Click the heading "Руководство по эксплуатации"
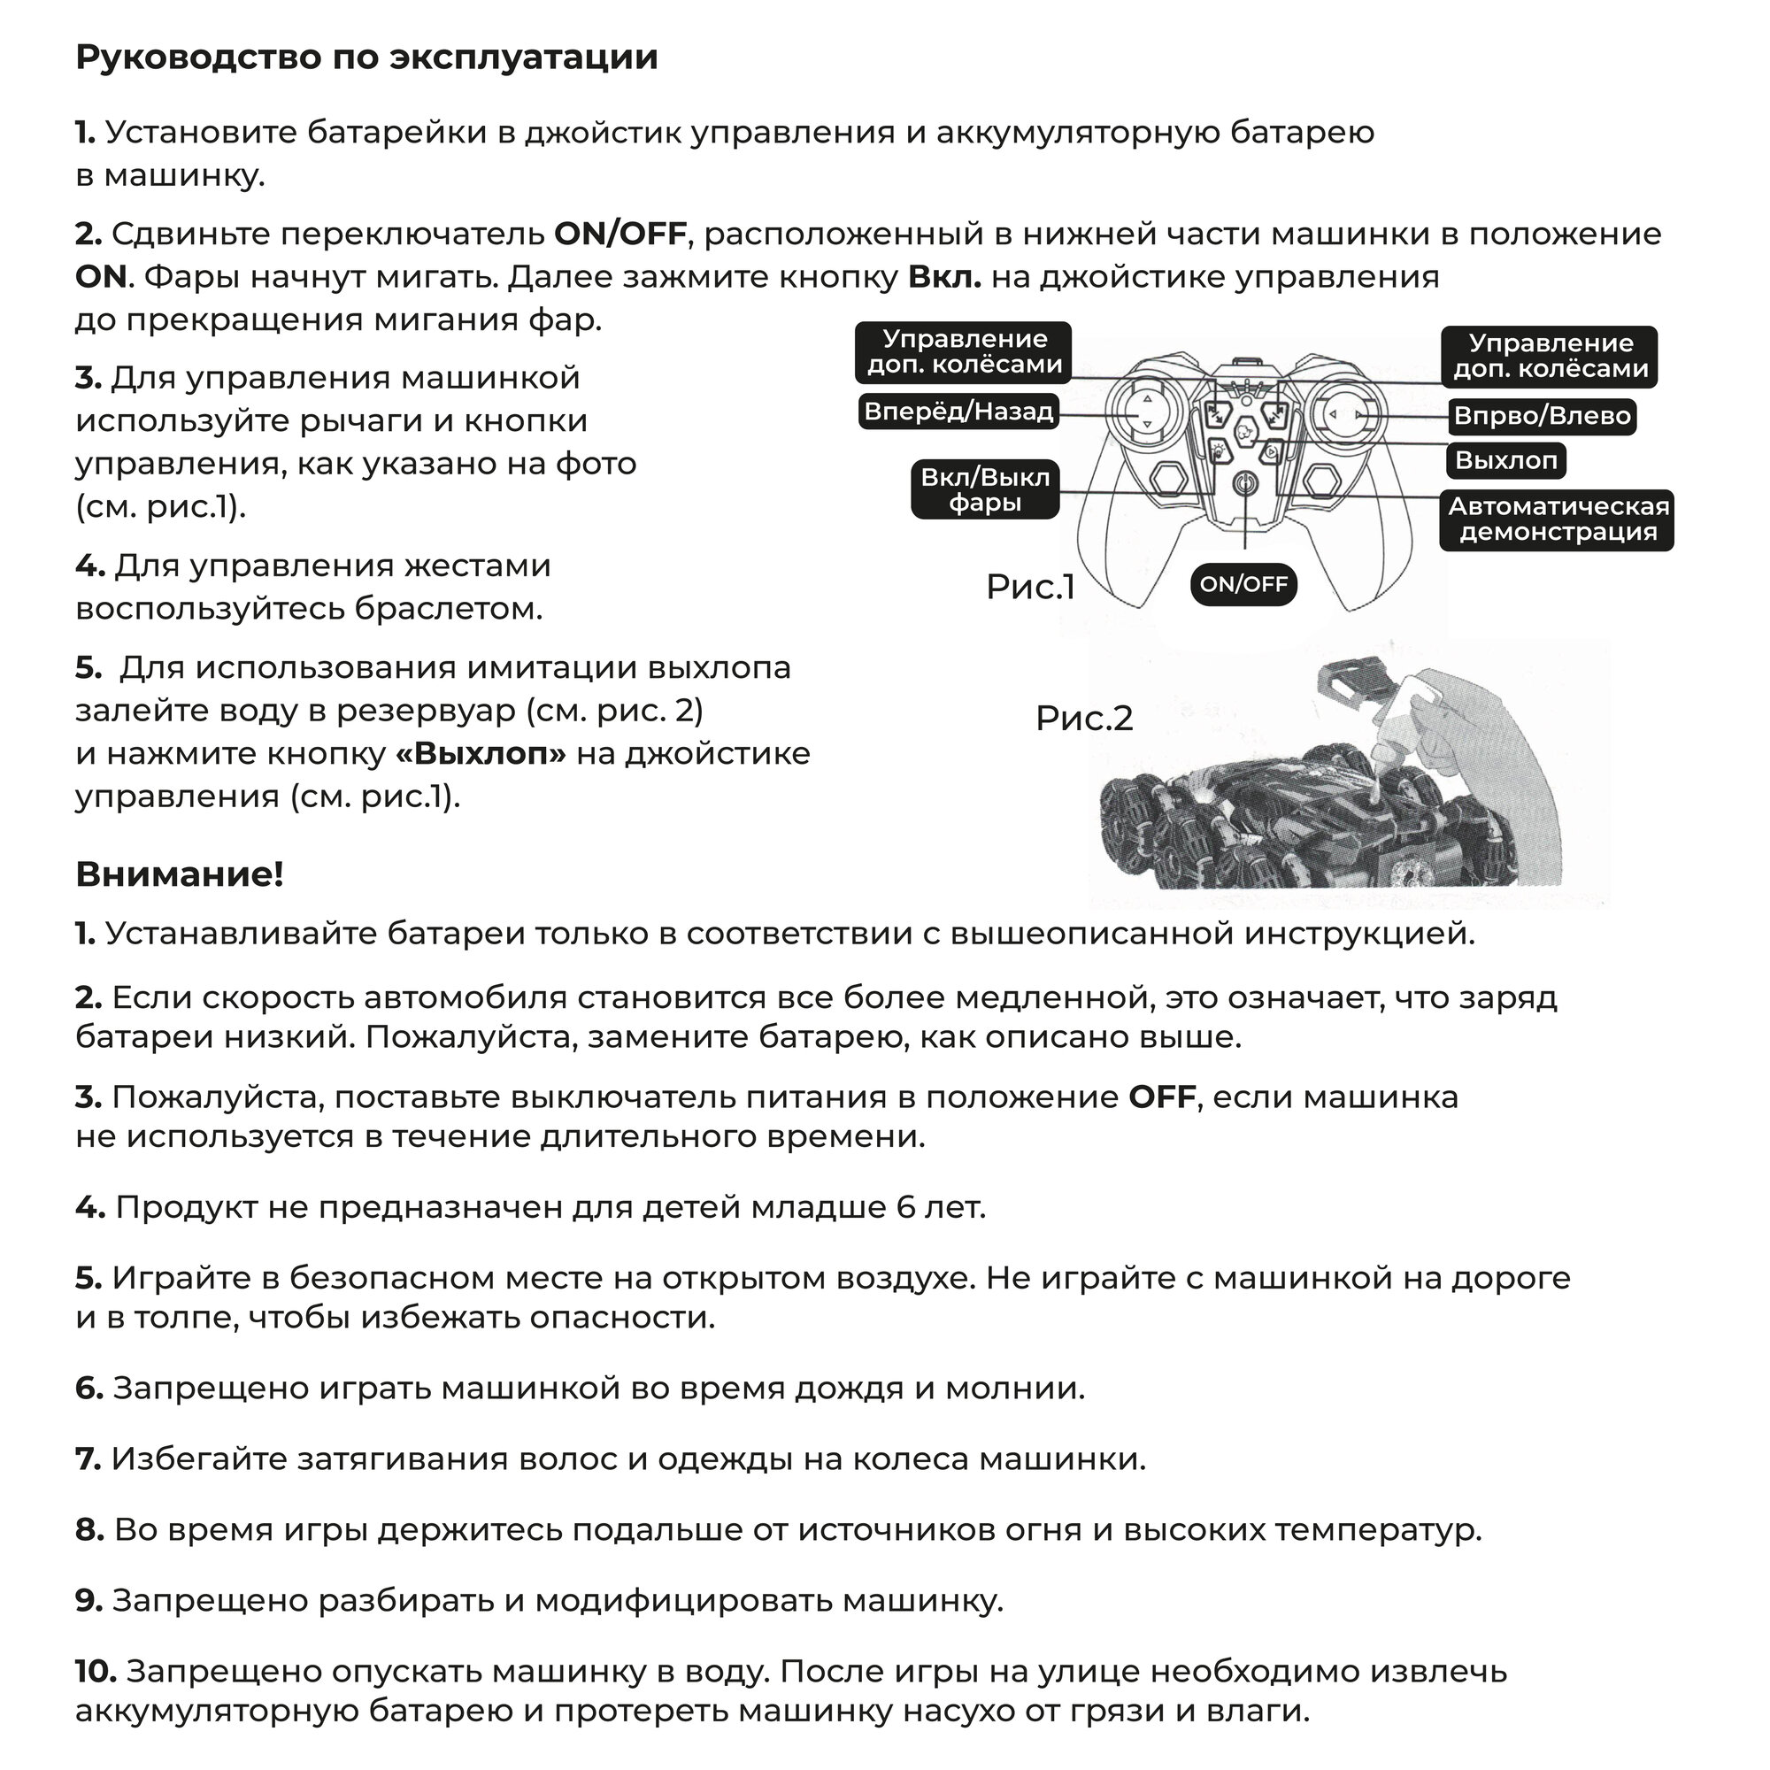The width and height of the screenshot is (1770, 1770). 366,58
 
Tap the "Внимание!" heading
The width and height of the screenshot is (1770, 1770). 180,875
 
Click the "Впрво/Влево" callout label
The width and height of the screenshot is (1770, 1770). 1543,417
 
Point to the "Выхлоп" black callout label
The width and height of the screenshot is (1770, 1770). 1507,461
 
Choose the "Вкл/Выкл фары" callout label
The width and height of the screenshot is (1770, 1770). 986,489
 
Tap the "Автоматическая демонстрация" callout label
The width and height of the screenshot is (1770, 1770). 1558,519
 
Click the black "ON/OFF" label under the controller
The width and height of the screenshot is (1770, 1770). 1244,584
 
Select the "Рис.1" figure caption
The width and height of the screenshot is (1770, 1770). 1031,588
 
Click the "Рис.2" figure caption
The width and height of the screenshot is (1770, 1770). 1085,719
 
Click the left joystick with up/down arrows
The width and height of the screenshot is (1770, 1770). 1145,413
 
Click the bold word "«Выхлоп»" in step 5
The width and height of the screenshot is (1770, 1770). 481,754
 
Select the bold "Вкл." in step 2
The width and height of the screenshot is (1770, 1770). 944,277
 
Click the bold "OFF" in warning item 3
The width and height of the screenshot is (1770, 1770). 1162,1097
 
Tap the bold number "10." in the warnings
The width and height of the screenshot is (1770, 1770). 96,1672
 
